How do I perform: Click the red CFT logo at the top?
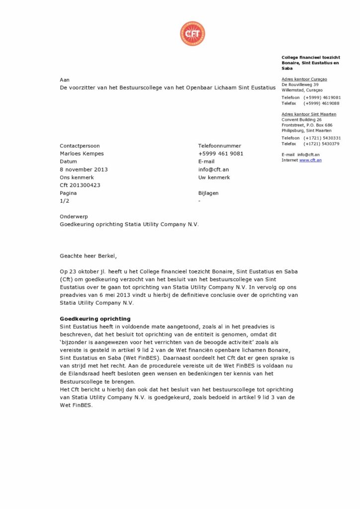192,34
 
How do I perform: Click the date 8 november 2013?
84,170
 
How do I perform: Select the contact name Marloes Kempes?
82,154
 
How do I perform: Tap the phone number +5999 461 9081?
220,154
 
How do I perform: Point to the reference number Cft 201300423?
80,185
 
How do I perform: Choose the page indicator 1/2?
65,201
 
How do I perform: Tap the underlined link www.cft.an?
310,160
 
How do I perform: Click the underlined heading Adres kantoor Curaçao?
304,79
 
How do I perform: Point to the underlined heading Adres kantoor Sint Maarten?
308,114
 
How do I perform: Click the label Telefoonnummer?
219,146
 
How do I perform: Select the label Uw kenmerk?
213,177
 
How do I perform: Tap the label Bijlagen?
208,193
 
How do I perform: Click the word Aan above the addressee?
65,80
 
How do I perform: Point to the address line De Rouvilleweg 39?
300,85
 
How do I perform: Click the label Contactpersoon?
80,146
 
